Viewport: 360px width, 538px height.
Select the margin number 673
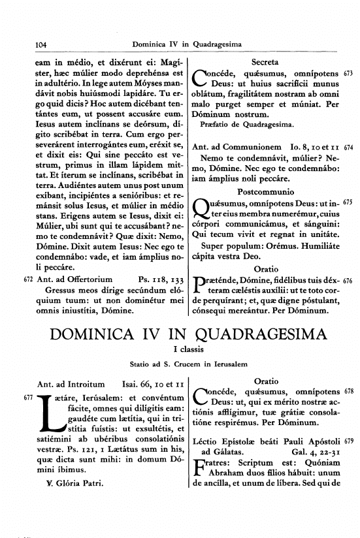(349, 72)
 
